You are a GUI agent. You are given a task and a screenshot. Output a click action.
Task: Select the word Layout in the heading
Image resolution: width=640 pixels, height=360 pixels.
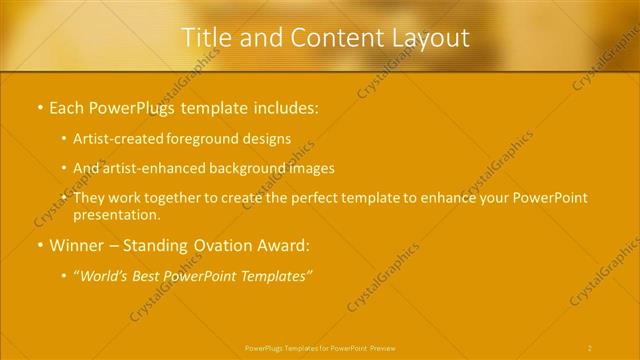click(x=431, y=38)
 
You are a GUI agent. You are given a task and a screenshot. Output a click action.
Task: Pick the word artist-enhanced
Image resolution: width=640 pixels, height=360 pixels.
click(x=151, y=168)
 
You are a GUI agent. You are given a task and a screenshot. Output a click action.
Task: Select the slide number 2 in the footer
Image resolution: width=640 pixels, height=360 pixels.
click(x=590, y=348)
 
